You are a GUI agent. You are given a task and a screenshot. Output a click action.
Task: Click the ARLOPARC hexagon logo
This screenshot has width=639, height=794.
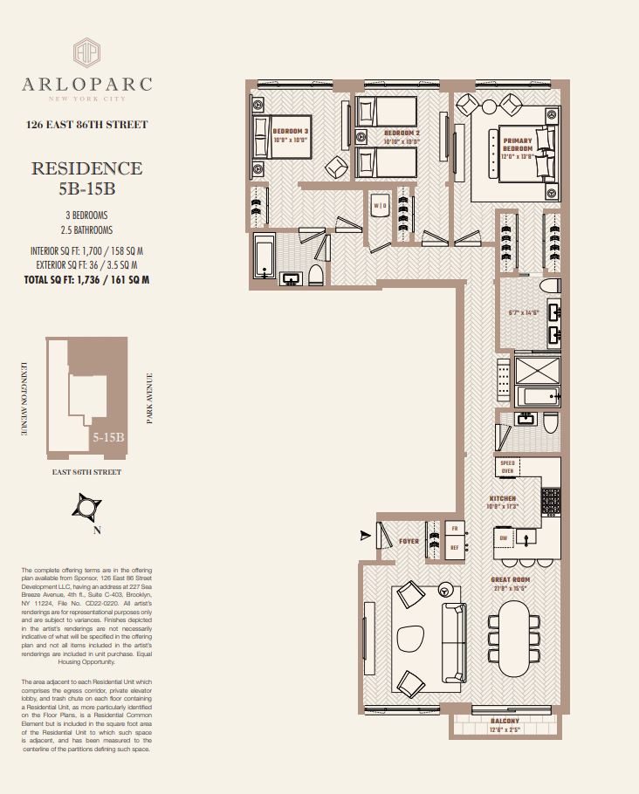pyautogui.click(x=86, y=51)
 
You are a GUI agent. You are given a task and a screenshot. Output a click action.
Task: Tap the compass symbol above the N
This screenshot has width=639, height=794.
pyautogui.click(x=86, y=507)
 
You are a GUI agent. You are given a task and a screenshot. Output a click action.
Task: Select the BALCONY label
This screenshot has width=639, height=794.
pyautogui.click(x=505, y=721)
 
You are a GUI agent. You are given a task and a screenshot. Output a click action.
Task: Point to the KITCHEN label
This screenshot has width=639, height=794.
pyautogui.click(x=503, y=498)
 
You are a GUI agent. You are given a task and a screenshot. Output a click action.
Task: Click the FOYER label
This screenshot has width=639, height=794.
pyautogui.click(x=409, y=541)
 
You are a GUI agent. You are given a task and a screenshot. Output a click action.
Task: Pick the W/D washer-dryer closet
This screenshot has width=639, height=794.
pyautogui.click(x=380, y=207)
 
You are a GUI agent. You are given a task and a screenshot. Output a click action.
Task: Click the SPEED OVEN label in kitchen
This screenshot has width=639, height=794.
pyautogui.click(x=508, y=467)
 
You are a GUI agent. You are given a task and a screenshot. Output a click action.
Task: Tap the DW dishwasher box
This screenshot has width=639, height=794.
pyautogui.click(x=504, y=537)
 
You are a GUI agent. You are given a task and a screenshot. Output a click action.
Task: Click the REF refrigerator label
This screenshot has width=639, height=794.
pyautogui.click(x=454, y=548)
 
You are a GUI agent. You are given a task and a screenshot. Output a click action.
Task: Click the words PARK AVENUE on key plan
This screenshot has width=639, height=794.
pyautogui.click(x=149, y=400)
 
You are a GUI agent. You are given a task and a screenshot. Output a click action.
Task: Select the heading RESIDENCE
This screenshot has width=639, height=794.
pyautogui.click(x=86, y=168)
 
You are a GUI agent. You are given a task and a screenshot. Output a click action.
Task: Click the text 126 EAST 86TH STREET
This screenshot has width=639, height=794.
pyautogui.click(x=86, y=125)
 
